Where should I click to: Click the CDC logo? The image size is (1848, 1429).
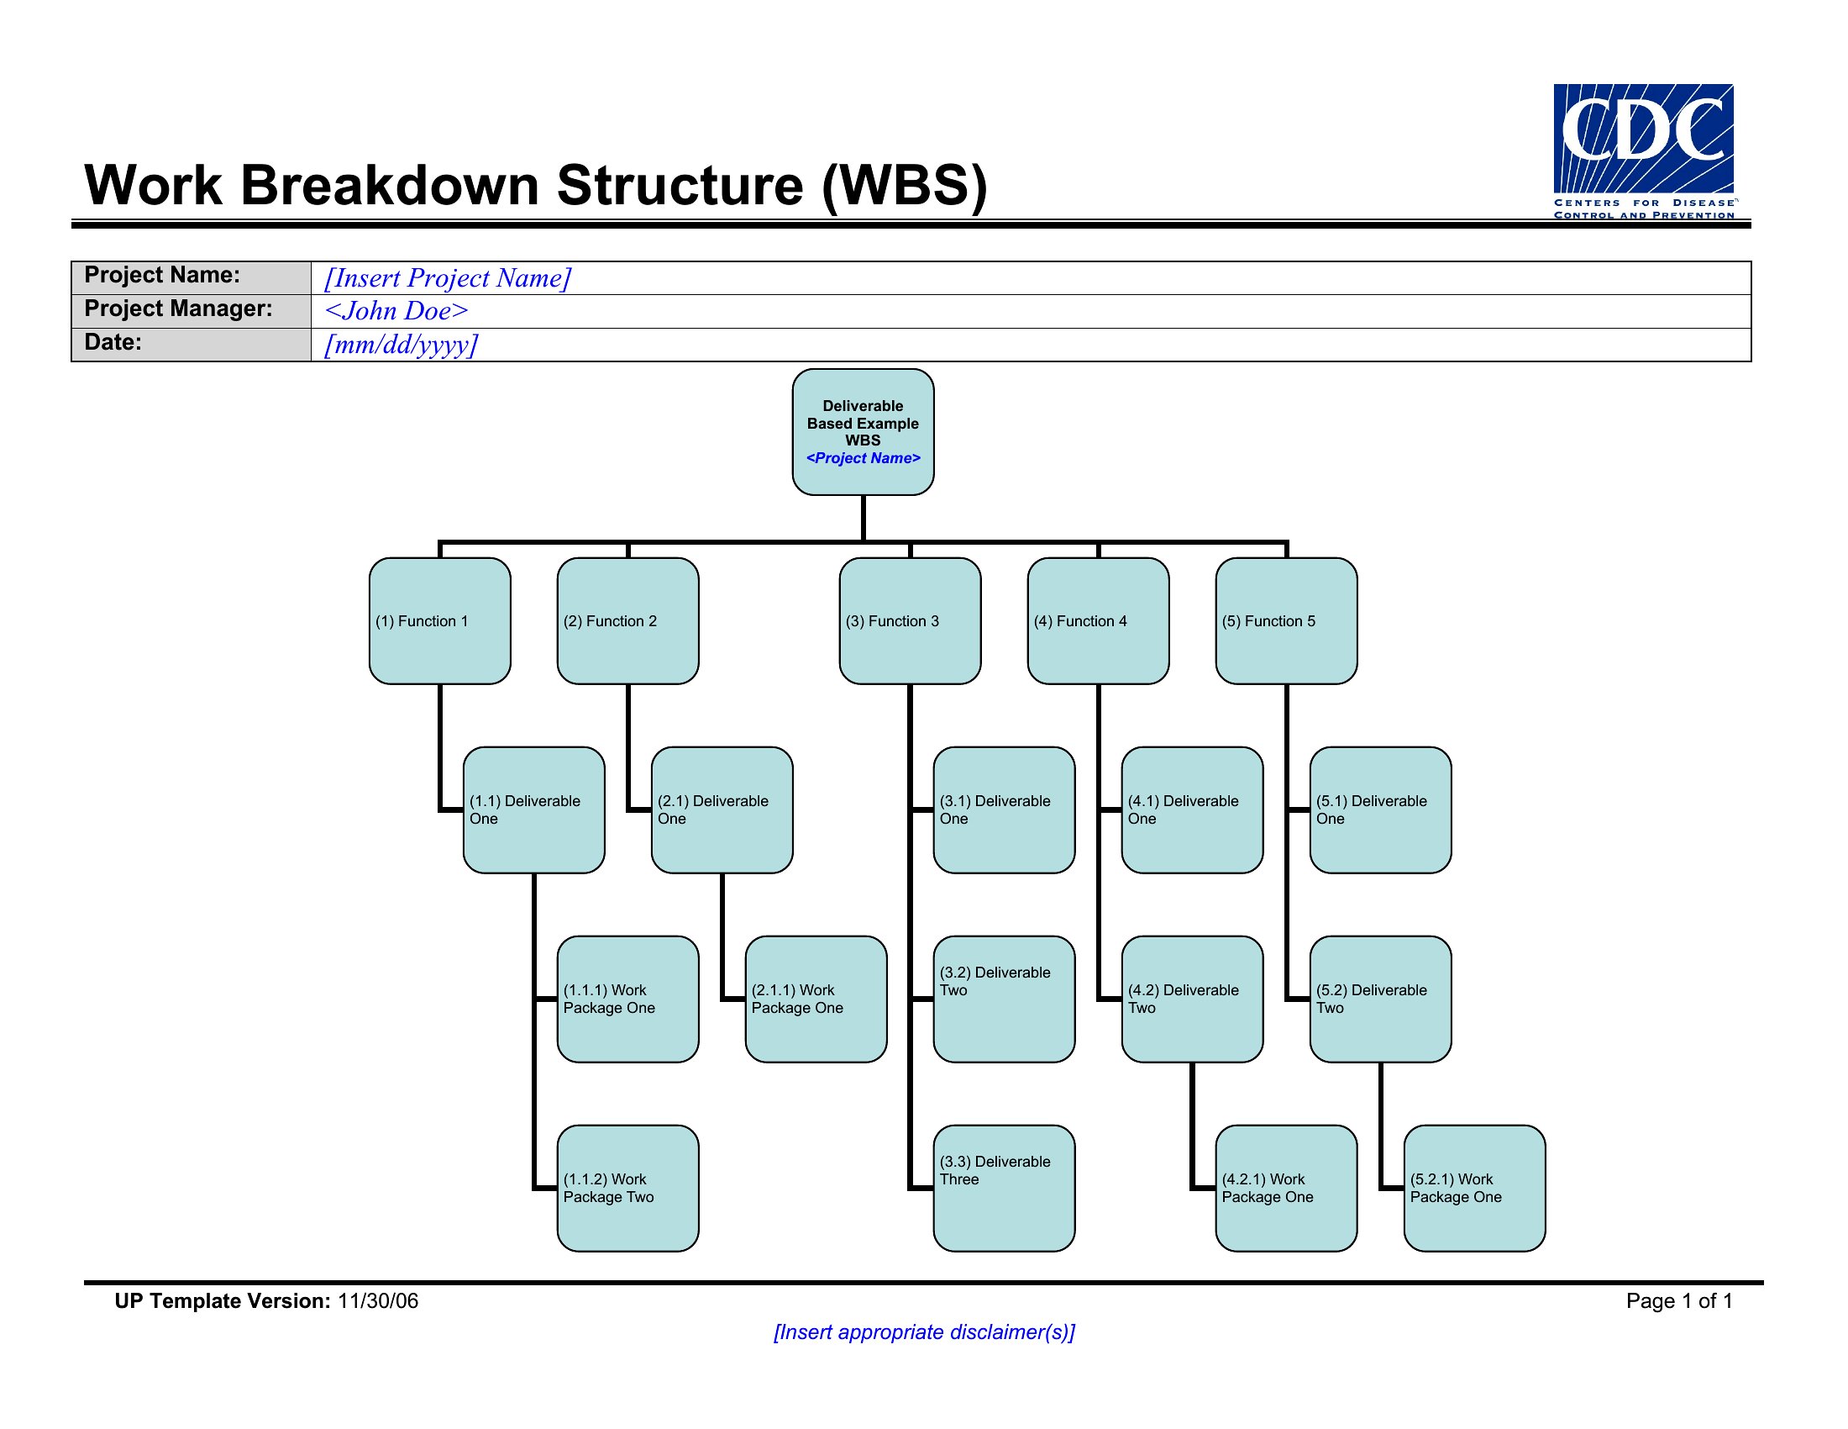coord(1644,150)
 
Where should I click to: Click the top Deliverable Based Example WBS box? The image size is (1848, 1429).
coord(863,432)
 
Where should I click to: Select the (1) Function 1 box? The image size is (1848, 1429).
coord(440,620)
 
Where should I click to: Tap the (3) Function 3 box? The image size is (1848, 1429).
coord(911,620)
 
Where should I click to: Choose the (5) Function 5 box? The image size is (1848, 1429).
coord(1287,620)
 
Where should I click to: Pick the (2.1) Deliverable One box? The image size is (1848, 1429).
coord(722,810)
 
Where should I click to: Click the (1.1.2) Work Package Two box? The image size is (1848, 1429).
coord(627,1189)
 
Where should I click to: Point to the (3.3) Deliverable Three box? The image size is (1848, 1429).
coord(1005,1189)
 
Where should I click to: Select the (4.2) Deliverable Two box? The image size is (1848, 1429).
coord(1193,999)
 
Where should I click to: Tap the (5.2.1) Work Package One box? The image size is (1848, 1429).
coord(1475,1189)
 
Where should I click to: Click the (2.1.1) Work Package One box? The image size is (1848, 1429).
coord(816,999)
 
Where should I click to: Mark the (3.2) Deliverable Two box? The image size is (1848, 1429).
coord(1005,999)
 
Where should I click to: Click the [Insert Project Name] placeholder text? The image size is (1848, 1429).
coord(449,277)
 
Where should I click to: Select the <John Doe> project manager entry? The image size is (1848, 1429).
coord(396,311)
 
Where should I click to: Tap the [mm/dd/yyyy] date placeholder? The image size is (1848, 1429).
coord(402,344)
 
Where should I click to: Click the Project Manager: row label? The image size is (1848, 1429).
coord(179,308)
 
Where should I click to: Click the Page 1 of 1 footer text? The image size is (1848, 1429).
coord(1680,1301)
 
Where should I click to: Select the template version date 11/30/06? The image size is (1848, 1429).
coord(377,1301)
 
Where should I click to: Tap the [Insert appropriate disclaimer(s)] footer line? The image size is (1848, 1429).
coord(924,1332)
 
